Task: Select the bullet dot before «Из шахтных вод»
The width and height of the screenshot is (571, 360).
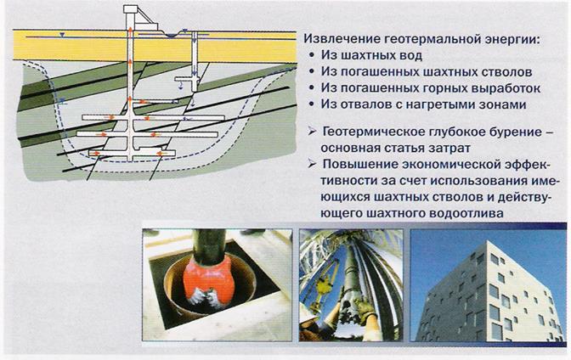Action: [x=311, y=55]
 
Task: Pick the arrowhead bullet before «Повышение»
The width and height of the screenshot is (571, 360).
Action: [x=312, y=164]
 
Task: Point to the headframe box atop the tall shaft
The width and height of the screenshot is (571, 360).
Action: [x=131, y=9]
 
